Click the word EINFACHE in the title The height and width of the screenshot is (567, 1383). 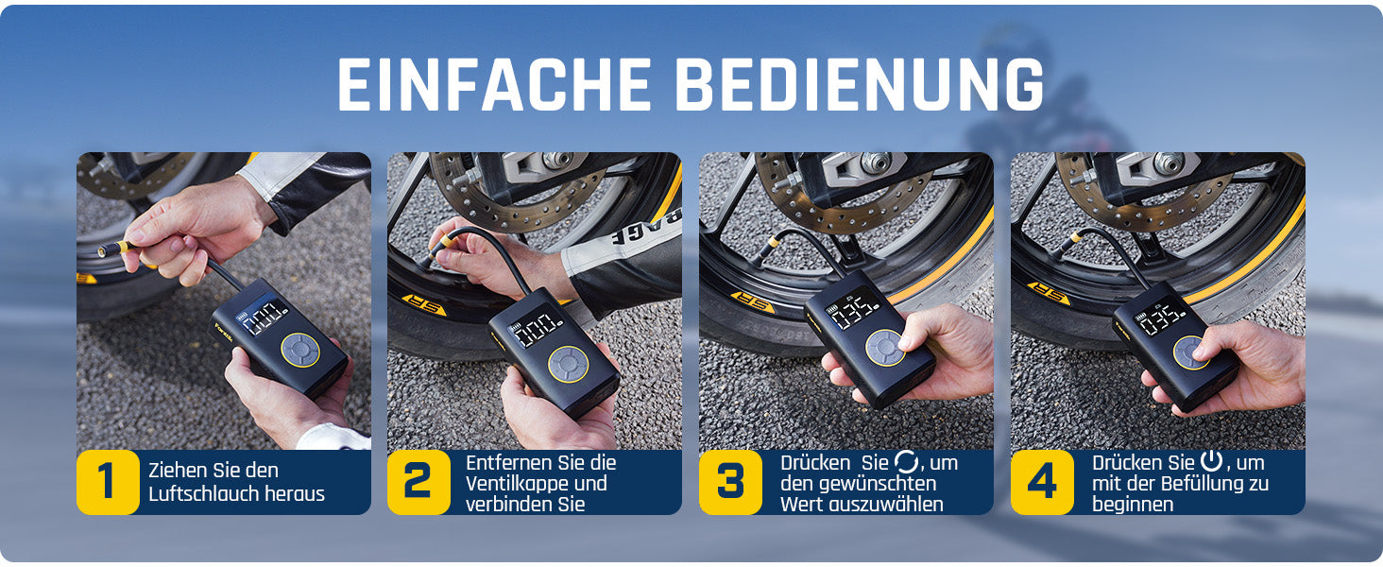coord(494,85)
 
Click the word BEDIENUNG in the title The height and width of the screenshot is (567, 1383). coord(859,85)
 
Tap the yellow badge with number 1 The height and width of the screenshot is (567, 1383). coord(108,482)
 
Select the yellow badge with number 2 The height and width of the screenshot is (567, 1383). coord(418,482)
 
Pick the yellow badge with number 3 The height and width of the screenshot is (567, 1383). coord(730,482)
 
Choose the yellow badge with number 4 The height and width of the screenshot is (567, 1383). coord(1042,482)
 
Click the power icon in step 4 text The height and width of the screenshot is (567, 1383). coord(1211,461)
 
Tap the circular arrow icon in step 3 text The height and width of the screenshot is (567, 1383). coord(906,461)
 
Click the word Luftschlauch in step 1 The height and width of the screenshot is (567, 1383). coord(204,494)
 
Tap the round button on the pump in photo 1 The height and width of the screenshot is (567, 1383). coord(300,351)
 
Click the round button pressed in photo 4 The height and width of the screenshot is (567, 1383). coord(1189,353)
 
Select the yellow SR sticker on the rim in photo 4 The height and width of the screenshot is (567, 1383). coord(1049,293)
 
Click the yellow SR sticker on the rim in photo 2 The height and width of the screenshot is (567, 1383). coord(423,305)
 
